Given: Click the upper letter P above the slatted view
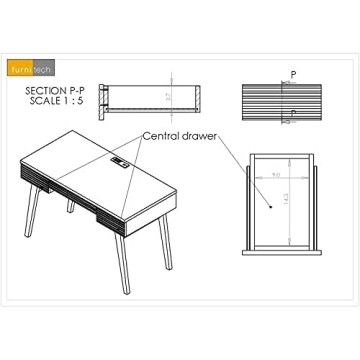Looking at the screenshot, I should click(293, 74).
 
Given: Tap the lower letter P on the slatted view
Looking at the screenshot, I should click(292, 112).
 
